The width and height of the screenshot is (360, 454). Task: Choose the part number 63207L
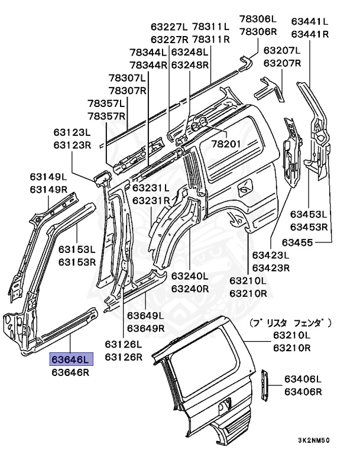(283, 51)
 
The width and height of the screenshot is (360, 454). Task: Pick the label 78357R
(108, 115)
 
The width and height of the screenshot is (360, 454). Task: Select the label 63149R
(49, 189)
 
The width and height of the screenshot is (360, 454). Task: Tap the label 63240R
(190, 288)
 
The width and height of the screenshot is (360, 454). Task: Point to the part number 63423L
(271, 256)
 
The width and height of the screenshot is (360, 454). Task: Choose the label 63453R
(309, 227)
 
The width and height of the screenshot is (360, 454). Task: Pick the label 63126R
(124, 356)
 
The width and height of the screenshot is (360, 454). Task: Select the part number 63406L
(302, 379)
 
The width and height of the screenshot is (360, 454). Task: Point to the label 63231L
(151, 188)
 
